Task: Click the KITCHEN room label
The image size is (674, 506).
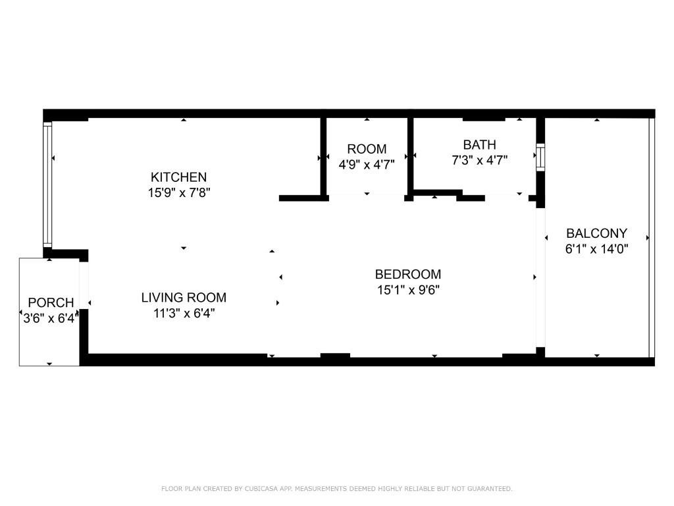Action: (x=178, y=177)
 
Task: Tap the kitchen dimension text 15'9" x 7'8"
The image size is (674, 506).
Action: (x=179, y=192)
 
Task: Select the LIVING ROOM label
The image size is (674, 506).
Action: (x=184, y=297)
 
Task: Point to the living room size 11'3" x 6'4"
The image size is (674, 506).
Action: (x=184, y=313)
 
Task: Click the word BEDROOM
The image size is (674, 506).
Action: (x=408, y=274)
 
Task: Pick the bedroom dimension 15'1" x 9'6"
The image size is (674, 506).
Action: (x=408, y=290)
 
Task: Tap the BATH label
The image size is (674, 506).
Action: (x=479, y=144)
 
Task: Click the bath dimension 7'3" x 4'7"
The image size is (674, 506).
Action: (x=479, y=160)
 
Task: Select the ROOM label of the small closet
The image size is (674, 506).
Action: (x=367, y=149)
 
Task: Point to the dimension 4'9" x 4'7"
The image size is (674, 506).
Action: (x=367, y=164)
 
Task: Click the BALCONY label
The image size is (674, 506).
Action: (x=596, y=233)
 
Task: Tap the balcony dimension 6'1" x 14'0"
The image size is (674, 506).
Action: (x=596, y=248)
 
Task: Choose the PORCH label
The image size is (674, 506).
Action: (x=51, y=302)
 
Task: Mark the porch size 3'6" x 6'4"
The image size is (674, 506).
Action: (x=51, y=318)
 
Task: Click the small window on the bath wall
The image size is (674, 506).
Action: (x=540, y=157)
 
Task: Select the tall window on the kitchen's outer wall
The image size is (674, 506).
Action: (x=47, y=184)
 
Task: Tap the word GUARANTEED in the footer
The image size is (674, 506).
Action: (x=490, y=488)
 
